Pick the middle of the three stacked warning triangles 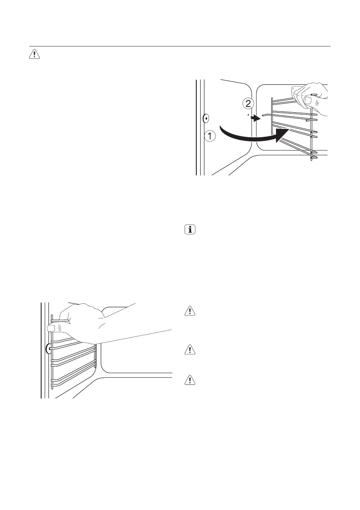(189, 350)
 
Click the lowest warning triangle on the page (189, 380)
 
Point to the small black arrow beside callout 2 (256, 118)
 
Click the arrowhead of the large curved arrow (282, 136)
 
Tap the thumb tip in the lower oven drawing (52, 328)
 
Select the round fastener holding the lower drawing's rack (48, 349)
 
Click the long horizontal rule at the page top (180, 46)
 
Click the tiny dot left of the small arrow (248, 115)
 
